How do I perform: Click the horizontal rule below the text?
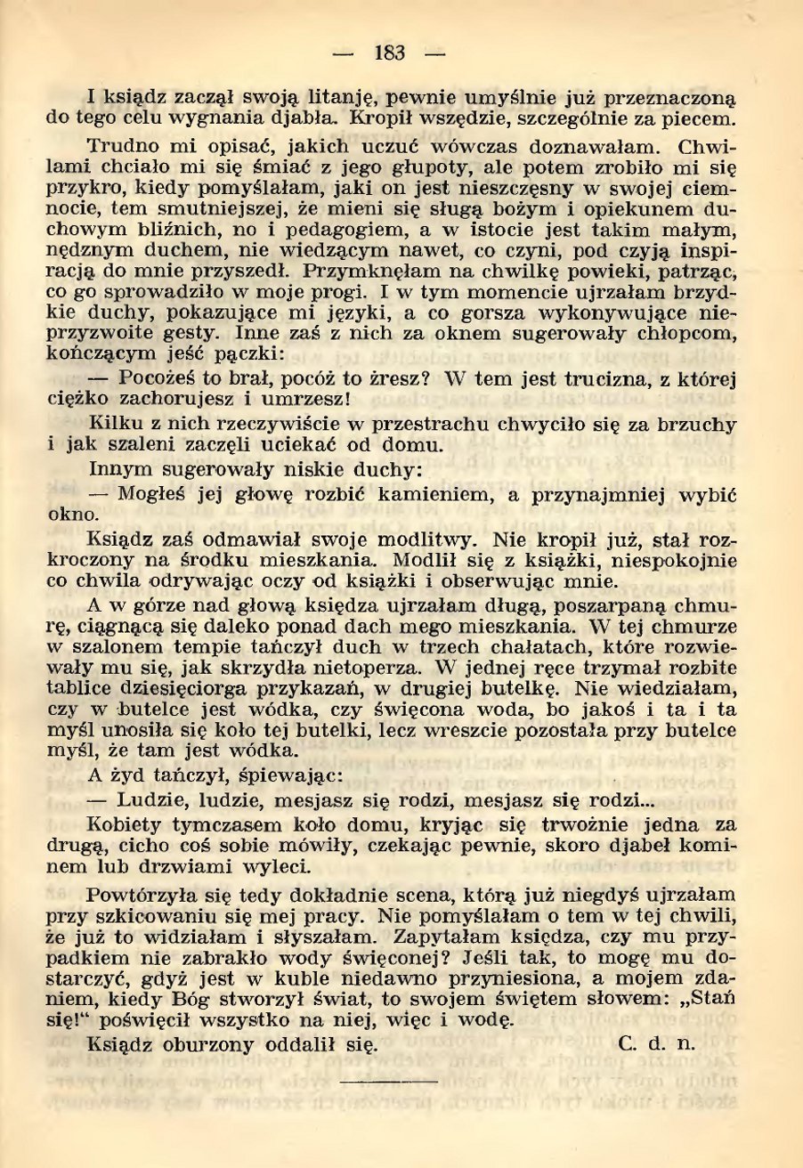coord(390,1083)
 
